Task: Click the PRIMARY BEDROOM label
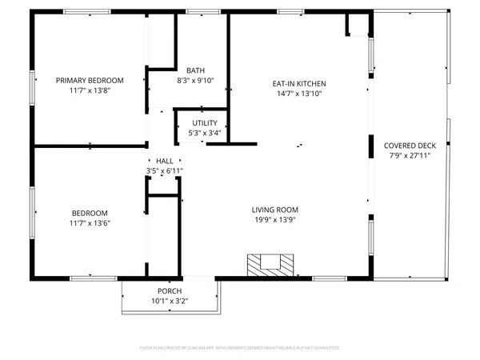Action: [x=89, y=80]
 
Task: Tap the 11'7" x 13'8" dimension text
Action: [x=89, y=91]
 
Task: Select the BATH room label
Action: [x=195, y=70]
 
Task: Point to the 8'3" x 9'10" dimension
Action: [x=195, y=81]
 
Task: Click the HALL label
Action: [x=164, y=161]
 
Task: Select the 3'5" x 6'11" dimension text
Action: [x=164, y=171]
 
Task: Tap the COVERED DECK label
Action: [x=410, y=145]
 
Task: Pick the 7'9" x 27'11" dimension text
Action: [x=410, y=156]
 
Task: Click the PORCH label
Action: [x=169, y=290]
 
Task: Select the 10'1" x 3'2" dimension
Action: [x=169, y=302]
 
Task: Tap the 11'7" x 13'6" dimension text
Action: [x=90, y=223]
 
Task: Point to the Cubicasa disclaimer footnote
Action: [x=240, y=348]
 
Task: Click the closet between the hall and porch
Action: [x=162, y=236]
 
